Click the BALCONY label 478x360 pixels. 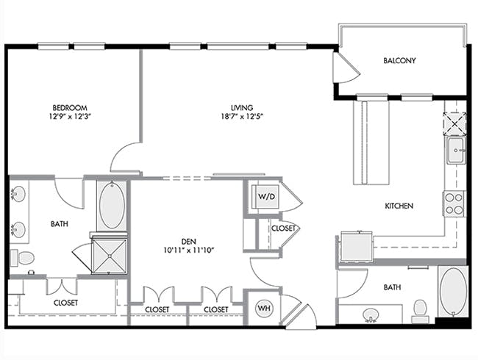(x=399, y=60)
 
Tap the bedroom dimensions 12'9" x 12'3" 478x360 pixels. (x=70, y=116)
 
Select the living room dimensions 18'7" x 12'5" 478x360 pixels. (x=242, y=116)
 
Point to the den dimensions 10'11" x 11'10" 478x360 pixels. (x=189, y=251)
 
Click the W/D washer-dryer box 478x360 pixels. (x=267, y=196)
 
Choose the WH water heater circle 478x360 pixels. (x=264, y=309)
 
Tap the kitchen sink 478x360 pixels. (x=456, y=150)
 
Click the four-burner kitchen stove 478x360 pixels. (x=454, y=204)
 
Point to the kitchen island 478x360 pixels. (x=371, y=143)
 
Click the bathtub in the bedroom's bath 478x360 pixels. (x=112, y=205)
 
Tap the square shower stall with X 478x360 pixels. (x=109, y=256)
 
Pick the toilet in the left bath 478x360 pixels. (x=23, y=258)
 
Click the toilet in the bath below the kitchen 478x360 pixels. (x=421, y=310)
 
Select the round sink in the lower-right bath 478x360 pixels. (x=371, y=314)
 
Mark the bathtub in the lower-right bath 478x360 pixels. (x=453, y=292)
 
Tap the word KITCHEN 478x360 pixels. (x=399, y=206)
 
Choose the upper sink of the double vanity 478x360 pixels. (x=18, y=194)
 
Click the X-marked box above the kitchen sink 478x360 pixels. (x=454, y=123)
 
